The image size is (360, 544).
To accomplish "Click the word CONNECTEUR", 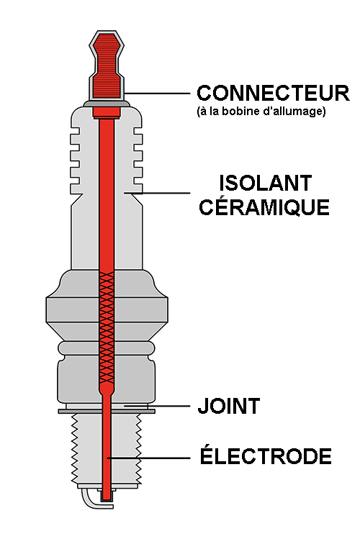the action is [273, 94].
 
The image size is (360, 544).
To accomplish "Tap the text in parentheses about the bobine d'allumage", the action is [261, 112].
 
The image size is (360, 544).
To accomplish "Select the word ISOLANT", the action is [266, 183].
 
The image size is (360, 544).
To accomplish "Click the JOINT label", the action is [228, 406].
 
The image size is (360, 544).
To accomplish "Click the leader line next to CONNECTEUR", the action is [157, 94].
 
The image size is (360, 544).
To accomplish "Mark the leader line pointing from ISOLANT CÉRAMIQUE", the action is [158, 193].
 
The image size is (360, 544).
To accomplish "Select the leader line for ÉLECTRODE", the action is [148, 458].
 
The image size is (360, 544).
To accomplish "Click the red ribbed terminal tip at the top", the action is [107, 65].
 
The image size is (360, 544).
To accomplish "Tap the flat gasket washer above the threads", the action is [107, 411].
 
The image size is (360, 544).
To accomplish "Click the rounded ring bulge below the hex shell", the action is [107, 348].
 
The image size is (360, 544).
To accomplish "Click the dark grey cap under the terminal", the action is [107, 104].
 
